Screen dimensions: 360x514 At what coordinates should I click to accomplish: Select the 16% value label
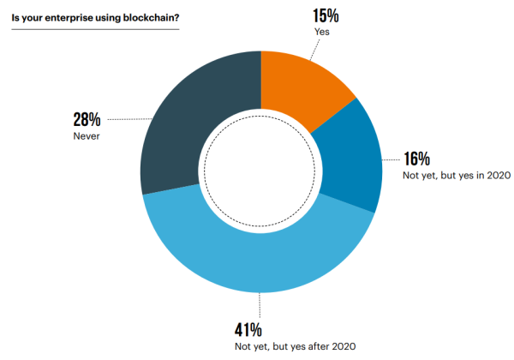[417, 159]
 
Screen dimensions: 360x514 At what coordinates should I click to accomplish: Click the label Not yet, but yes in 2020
[457, 176]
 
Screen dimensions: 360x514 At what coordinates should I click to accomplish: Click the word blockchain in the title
[151, 15]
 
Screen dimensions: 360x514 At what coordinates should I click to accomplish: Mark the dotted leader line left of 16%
[391, 159]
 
